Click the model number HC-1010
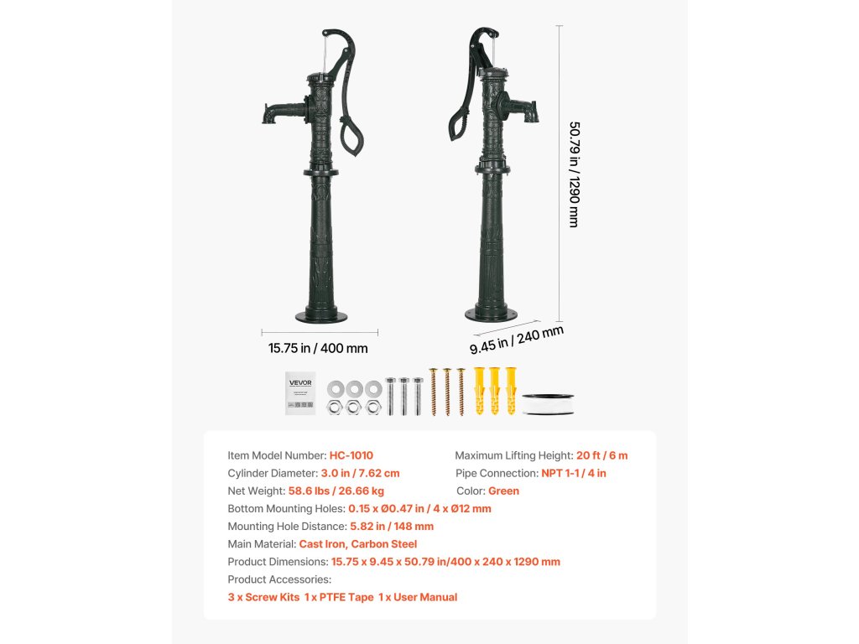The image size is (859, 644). tap(351, 455)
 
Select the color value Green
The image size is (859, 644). tap(503, 491)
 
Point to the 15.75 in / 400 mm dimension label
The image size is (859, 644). tap(318, 348)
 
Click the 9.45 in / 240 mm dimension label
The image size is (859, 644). tap(516, 340)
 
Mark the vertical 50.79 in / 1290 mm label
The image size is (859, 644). tap(574, 174)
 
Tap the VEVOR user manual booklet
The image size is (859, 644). tap(299, 392)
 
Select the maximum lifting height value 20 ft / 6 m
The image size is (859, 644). tap(601, 455)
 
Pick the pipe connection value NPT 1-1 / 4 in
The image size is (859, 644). tap(574, 473)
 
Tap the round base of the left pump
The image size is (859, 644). tap(320, 316)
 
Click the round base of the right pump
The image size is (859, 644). tap(492, 314)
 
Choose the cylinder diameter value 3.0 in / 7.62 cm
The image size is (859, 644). tap(360, 473)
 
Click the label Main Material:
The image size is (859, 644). tap(262, 543)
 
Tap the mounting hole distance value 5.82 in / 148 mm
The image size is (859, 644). tap(392, 526)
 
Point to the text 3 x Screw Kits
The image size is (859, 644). tap(263, 597)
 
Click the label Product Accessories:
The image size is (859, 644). tap(279, 579)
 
